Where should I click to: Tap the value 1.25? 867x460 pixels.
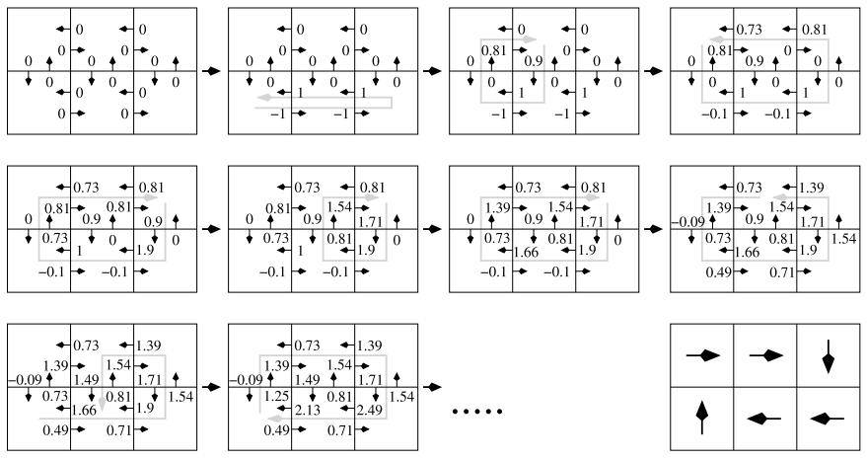coord(275,396)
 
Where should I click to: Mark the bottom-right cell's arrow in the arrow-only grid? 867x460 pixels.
coord(828,419)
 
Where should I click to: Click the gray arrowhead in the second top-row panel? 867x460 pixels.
coord(260,100)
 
